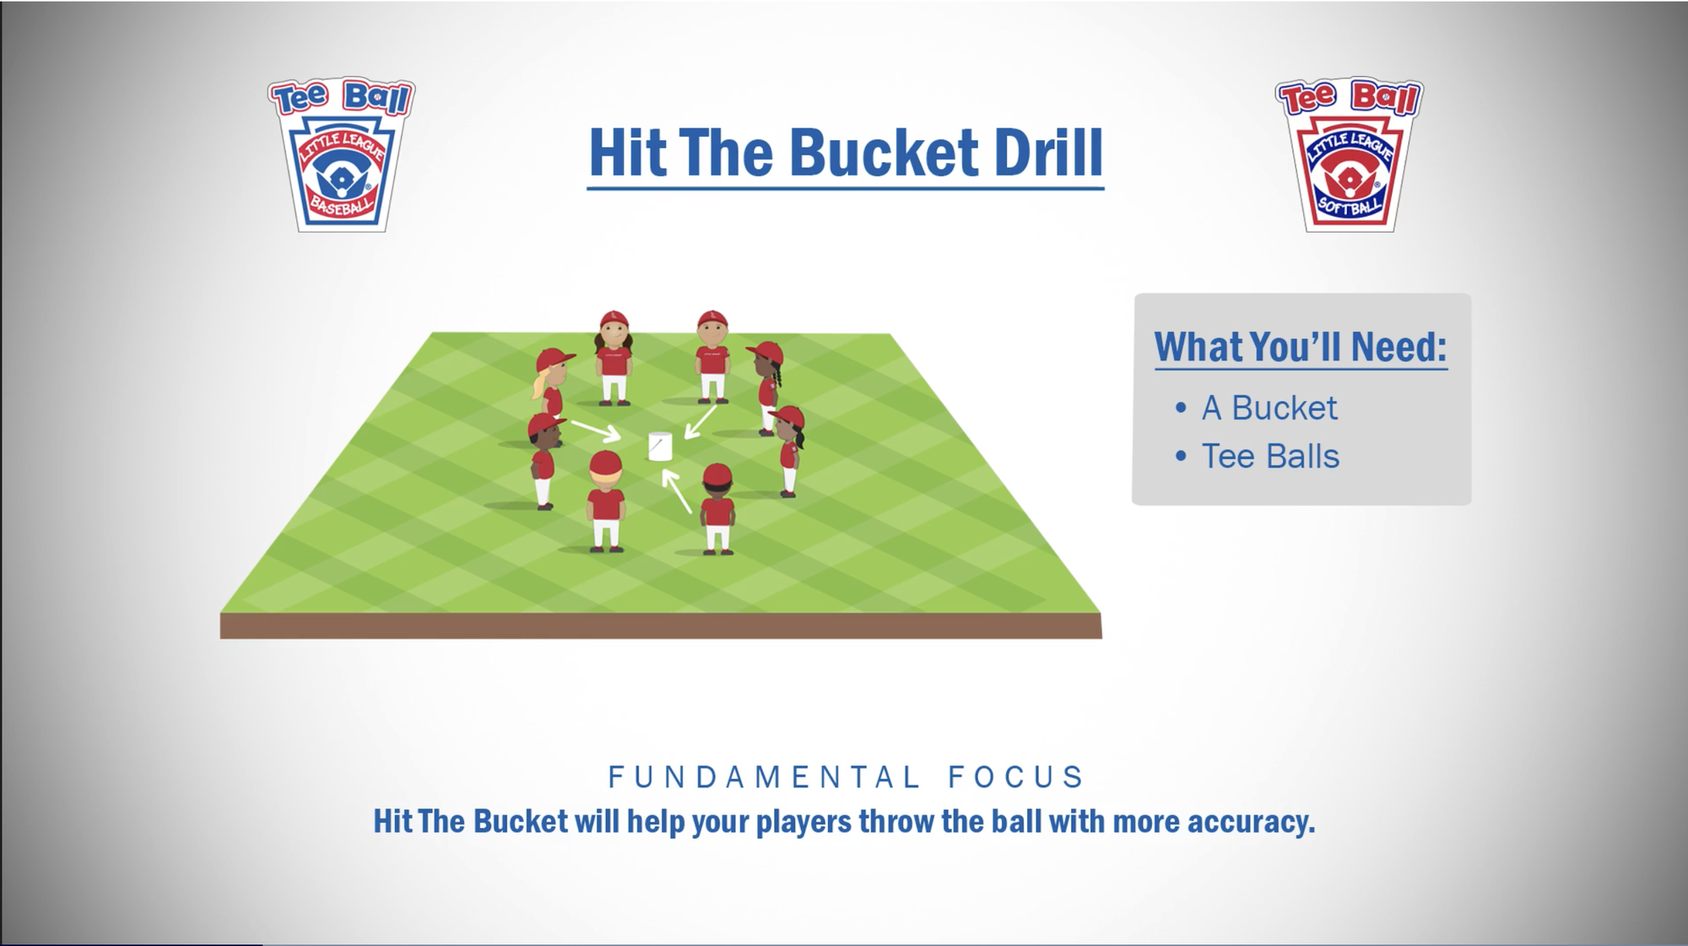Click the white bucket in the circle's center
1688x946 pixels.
pyautogui.click(x=660, y=446)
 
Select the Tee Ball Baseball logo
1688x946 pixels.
pyautogui.click(x=342, y=154)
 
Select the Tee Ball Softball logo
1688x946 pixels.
pyautogui.click(x=1349, y=154)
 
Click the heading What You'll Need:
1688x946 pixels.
pyautogui.click(x=1301, y=346)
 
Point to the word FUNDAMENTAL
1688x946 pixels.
pyautogui.click(x=764, y=777)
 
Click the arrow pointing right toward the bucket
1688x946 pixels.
pyautogui.click(x=597, y=431)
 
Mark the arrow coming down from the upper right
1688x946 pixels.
pyautogui.click(x=700, y=423)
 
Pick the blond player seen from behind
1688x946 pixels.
pyautogui.click(x=606, y=501)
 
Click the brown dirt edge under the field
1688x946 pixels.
pyautogui.click(x=661, y=625)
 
